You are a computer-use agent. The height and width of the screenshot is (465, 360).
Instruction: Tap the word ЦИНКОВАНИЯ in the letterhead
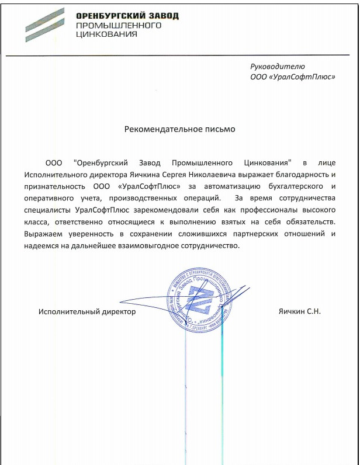point(106,34)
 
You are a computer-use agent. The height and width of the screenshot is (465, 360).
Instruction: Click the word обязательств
point(308,222)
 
